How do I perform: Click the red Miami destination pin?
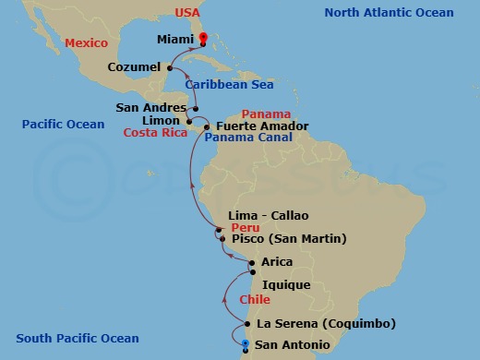(x=202, y=39)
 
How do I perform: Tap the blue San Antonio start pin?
(x=245, y=346)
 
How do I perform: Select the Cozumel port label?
(x=134, y=67)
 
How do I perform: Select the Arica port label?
(x=278, y=262)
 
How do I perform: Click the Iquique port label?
(x=286, y=285)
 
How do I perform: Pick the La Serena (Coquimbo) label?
(x=327, y=323)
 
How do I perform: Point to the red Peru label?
(x=246, y=227)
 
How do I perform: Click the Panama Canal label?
(x=248, y=138)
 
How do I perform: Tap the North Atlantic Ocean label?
(x=389, y=13)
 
